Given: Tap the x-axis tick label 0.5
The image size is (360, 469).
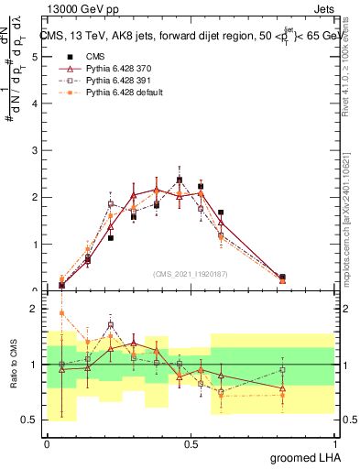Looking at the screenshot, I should tap(191, 443).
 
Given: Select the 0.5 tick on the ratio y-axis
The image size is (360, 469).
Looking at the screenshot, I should tap(29, 420).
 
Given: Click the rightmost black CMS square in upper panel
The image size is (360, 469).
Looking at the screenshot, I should tap(282, 277).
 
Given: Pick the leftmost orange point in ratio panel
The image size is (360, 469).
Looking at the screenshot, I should tap(61, 313).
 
